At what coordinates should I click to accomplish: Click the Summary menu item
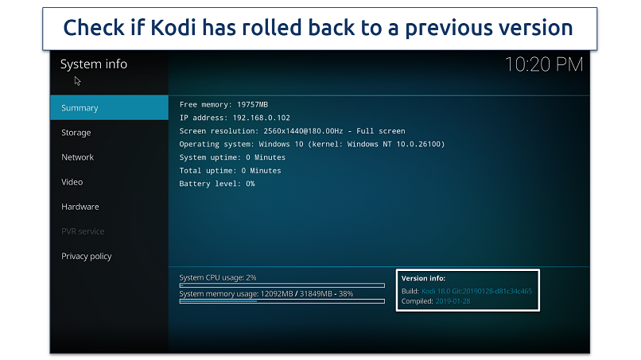click(80, 108)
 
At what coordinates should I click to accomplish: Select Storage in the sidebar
click(76, 133)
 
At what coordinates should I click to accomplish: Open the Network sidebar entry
click(78, 157)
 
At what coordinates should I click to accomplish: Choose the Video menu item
click(72, 182)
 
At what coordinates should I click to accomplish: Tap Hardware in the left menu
click(80, 207)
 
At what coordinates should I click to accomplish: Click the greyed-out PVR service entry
click(83, 231)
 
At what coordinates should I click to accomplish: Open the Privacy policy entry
click(87, 256)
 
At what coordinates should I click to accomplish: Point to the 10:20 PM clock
click(544, 65)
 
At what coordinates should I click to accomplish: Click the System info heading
click(94, 64)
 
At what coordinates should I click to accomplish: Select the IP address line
click(235, 118)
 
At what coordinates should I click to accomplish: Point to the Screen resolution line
click(292, 131)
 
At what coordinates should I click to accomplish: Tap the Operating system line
click(312, 144)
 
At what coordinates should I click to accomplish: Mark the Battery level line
click(217, 184)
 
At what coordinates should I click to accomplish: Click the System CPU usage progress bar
click(282, 285)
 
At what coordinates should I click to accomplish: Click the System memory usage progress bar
click(282, 301)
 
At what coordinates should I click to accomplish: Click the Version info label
click(424, 279)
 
